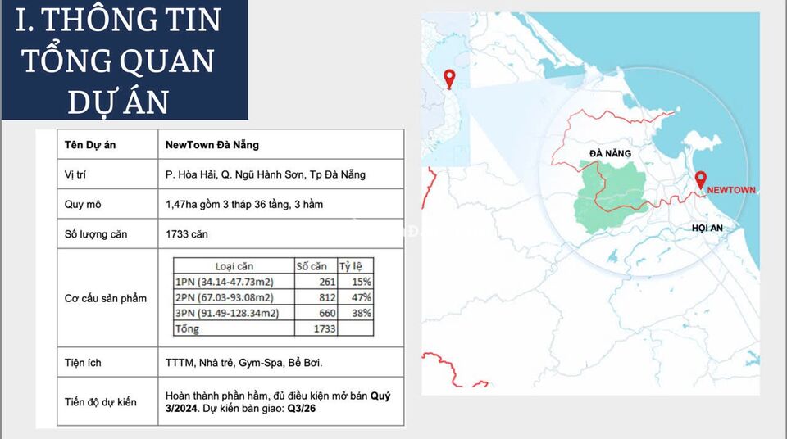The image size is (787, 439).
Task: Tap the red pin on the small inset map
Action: point(448,79)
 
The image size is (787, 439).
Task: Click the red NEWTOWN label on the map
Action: point(731,190)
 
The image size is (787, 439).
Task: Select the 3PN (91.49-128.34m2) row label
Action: point(226,313)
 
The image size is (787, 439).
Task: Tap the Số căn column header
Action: point(312,266)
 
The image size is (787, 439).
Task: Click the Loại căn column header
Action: point(234,266)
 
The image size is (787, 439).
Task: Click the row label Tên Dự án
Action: point(90,145)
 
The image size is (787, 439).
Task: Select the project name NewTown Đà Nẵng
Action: point(212,145)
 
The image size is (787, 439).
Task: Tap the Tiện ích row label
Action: point(83,362)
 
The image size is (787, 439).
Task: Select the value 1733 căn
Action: point(187,234)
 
